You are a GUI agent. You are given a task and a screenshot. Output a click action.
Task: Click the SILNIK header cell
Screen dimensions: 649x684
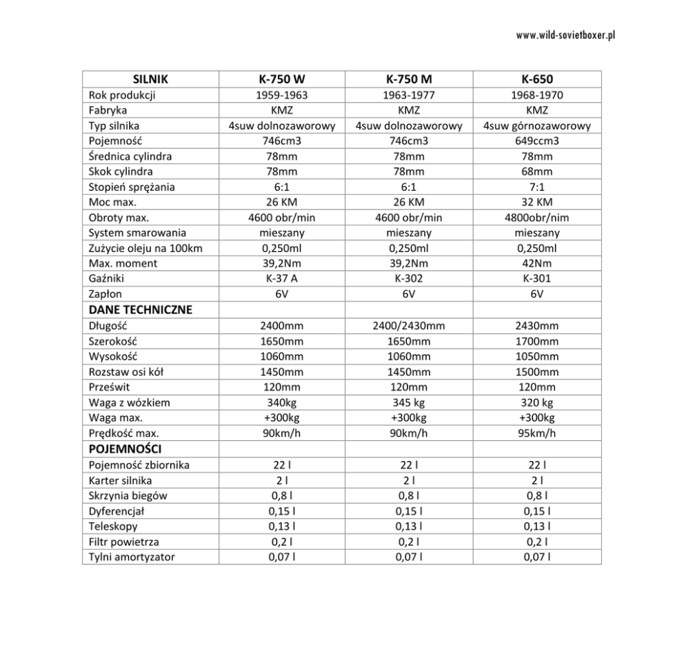tap(150, 79)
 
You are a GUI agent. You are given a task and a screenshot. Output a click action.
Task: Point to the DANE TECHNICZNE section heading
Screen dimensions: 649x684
tap(140, 309)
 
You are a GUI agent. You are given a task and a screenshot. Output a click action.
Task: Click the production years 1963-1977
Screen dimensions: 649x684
tap(409, 95)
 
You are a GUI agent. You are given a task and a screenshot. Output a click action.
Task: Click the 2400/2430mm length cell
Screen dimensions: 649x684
tap(409, 325)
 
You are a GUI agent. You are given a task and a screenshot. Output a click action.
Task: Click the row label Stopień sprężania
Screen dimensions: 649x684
tap(132, 187)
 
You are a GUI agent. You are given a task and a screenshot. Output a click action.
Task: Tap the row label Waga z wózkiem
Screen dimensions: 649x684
tap(130, 402)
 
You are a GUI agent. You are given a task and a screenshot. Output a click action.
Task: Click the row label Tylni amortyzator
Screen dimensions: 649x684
tap(132, 557)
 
